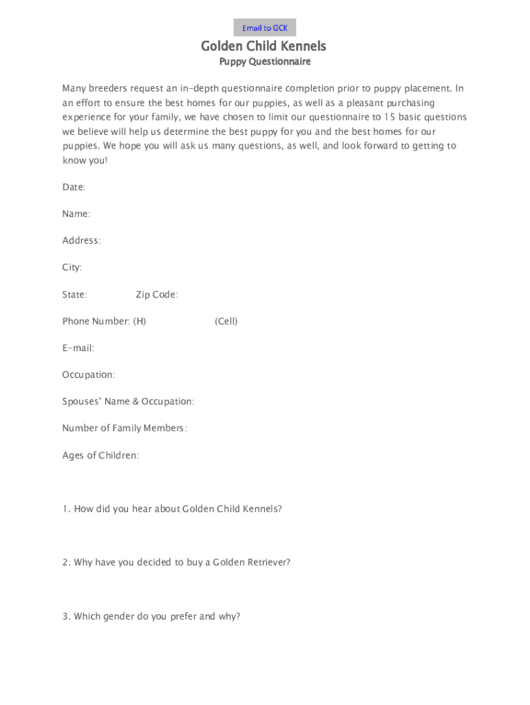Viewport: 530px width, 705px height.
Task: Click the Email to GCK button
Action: (x=265, y=28)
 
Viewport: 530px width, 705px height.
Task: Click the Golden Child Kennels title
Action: (x=264, y=46)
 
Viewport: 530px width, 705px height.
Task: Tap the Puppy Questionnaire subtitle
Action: (x=265, y=62)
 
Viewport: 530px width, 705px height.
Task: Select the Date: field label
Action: (x=74, y=187)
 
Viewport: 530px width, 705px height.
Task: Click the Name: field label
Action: (x=76, y=214)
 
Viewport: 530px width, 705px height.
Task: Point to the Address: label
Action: (x=81, y=241)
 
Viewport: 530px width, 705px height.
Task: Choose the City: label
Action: (x=72, y=268)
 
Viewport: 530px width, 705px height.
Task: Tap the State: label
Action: (x=75, y=295)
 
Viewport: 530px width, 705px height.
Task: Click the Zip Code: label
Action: (x=157, y=295)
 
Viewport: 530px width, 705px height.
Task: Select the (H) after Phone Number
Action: (x=139, y=322)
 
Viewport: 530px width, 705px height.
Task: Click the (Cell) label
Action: (x=226, y=322)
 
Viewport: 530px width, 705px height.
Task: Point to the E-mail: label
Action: (x=78, y=348)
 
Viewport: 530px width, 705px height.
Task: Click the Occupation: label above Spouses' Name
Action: (x=89, y=375)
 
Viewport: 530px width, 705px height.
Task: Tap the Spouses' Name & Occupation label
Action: (x=128, y=401)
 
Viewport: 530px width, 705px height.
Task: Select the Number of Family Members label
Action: (x=125, y=428)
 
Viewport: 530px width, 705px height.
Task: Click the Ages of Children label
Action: (x=100, y=455)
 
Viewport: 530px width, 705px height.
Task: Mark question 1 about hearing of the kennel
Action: (x=172, y=509)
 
